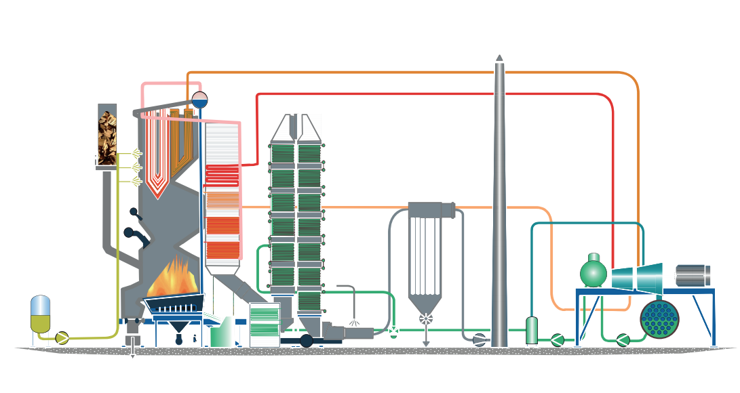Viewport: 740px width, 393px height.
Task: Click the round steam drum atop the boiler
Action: tap(199, 100)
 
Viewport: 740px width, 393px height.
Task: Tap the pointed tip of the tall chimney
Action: tap(499, 58)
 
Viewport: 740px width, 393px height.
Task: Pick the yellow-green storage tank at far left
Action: tap(41, 314)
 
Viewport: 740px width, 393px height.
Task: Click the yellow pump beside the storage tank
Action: tap(62, 337)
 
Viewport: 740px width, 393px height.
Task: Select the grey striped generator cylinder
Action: tap(693, 275)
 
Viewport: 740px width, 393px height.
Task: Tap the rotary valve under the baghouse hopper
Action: tap(426, 318)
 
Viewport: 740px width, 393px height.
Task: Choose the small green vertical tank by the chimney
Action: tap(532, 330)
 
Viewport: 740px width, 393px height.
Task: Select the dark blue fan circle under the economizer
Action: tap(306, 340)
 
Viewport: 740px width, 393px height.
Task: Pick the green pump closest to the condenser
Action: tap(623, 339)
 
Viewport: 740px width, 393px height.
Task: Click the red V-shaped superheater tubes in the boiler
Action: tap(157, 183)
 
